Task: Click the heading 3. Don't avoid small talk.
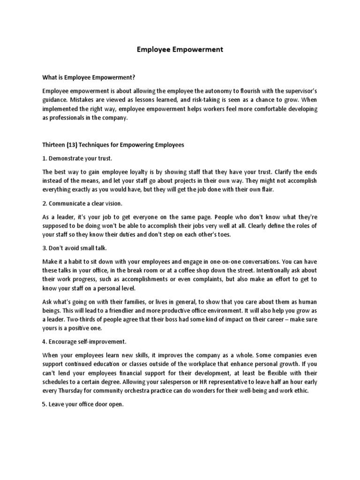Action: click(78, 248)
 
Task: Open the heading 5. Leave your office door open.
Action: click(82, 405)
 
